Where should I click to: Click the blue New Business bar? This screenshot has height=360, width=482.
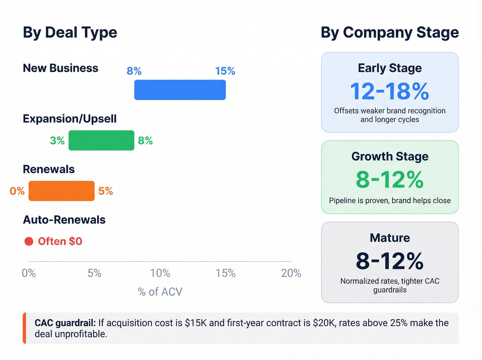[180, 90]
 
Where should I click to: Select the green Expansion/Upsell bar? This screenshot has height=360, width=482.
[101, 140]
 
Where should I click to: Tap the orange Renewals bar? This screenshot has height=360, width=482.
[61, 191]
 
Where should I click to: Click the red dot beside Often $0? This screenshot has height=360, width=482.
[29, 241]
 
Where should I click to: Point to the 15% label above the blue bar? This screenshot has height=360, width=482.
[225, 71]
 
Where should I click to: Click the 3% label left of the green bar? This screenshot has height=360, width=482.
[57, 141]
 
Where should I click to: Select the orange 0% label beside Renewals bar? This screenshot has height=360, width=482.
[17, 191]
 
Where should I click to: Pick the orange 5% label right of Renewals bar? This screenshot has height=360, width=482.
[105, 191]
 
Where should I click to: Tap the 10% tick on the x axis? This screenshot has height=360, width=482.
[160, 273]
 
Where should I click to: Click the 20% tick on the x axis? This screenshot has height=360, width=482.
[291, 273]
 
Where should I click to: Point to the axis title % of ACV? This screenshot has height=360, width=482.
[160, 292]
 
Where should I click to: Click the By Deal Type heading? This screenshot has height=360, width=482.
[70, 32]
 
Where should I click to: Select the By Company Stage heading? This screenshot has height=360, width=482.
[389, 32]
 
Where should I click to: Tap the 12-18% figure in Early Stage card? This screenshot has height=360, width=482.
[389, 91]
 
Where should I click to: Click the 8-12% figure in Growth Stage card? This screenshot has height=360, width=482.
[389, 179]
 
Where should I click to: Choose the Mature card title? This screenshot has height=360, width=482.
[390, 238]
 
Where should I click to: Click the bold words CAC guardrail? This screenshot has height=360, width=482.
[65, 323]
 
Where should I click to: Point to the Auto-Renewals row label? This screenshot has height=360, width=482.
[64, 220]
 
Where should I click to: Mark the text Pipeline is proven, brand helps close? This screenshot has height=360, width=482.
[390, 200]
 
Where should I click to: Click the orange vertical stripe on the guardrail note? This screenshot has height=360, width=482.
[24, 328]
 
